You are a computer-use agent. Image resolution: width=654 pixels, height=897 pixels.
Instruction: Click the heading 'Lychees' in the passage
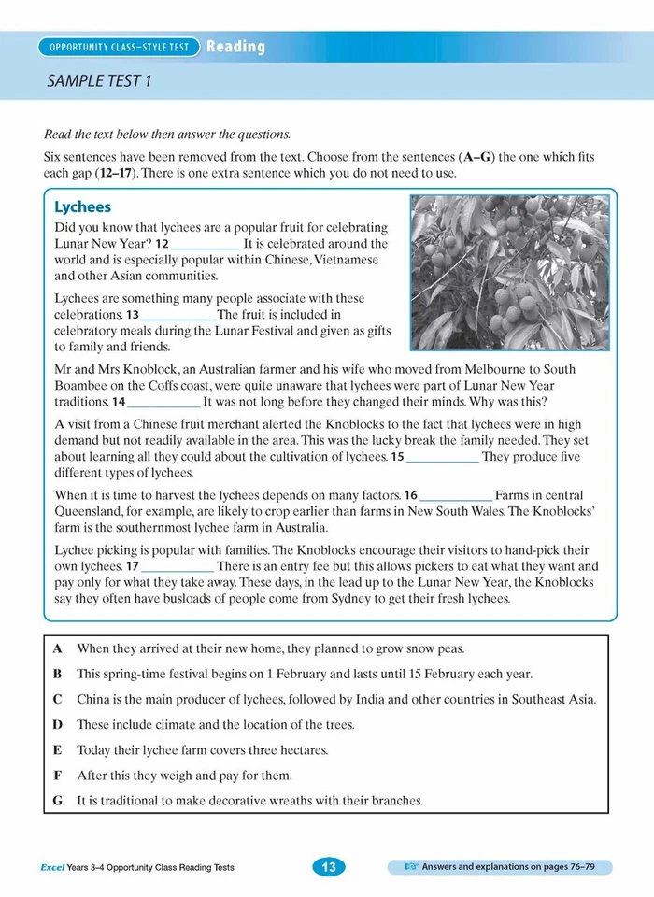[82, 207]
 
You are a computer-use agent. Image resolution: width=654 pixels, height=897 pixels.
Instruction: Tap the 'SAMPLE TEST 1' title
[98, 81]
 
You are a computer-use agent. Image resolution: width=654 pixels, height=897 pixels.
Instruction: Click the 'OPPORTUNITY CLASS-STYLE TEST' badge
[119, 47]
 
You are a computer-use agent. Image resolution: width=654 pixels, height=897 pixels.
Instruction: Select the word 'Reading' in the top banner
[235, 47]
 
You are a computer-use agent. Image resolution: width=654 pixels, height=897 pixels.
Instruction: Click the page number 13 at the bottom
[328, 867]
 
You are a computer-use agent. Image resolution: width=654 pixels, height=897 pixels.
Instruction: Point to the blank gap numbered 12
[206, 244]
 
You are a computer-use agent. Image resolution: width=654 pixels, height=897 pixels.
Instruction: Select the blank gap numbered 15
[444, 457]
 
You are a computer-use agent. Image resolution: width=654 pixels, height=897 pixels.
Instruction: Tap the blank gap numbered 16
[457, 495]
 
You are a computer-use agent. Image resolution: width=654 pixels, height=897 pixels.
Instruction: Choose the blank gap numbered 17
[178, 566]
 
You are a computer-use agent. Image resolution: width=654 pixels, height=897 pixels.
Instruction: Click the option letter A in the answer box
[58, 648]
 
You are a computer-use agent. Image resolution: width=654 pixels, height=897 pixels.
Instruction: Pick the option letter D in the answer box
[58, 724]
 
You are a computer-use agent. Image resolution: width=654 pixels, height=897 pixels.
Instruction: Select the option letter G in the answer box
[58, 800]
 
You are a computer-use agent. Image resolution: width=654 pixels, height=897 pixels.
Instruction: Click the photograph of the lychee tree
[508, 271]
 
